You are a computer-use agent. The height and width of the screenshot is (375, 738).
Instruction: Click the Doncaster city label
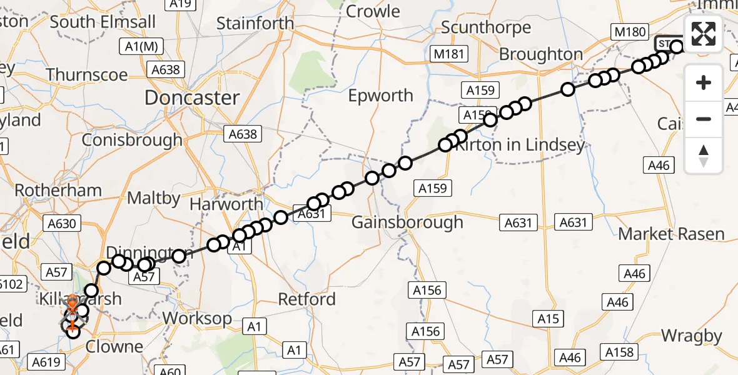point(192,97)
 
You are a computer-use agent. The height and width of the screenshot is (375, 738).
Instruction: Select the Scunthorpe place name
point(486,27)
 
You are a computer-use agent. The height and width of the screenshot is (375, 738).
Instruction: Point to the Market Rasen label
point(671,234)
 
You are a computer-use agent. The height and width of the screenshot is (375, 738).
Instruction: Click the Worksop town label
point(197,318)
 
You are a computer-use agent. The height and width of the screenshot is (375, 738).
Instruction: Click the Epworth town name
point(381,96)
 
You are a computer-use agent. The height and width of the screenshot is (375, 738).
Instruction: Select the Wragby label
point(691,336)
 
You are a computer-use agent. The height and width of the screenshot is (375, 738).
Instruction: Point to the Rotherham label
point(58,190)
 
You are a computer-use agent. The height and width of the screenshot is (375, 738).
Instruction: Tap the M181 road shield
point(448,54)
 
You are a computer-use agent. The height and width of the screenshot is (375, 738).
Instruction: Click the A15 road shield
point(548,319)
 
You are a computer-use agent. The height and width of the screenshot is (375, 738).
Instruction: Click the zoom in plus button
point(704,82)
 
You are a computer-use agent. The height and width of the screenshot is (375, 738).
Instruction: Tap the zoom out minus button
point(704,119)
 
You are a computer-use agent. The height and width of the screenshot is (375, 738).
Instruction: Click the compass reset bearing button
point(704,155)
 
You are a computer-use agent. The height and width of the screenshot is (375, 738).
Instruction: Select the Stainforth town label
point(255,24)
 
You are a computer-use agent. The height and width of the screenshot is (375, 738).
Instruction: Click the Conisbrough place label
point(132,139)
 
